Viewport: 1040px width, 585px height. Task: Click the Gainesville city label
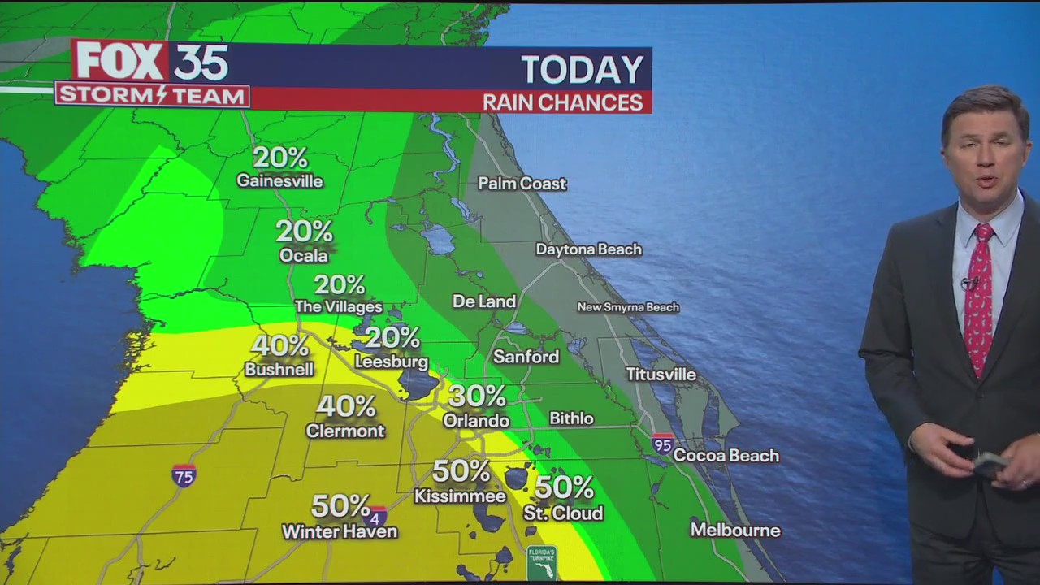(279, 181)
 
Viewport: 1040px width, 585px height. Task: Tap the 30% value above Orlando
(477, 396)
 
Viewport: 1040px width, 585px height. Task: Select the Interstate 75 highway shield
(184, 475)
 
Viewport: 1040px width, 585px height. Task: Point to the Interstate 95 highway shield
(662, 443)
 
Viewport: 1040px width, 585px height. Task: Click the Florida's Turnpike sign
(541, 563)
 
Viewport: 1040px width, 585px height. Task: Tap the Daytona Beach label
(588, 249)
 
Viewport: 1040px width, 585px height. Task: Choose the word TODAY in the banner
(582, 70)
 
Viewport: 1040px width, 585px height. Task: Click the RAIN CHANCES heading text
(562, 102)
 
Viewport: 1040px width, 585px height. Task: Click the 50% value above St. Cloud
(564, 487)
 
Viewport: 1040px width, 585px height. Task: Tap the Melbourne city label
(734, 531)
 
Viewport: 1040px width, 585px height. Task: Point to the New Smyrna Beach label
(627, 307)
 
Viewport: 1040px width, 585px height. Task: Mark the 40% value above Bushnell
(279, 345)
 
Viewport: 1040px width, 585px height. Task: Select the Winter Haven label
(339, 532)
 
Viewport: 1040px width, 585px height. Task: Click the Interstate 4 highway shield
(378, 515)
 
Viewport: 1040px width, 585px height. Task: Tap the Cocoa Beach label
(726, 456)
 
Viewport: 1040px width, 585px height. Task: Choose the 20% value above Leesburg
(392, 337)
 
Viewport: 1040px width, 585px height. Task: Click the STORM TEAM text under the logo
(152, 95)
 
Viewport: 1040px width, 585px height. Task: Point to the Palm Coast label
(522, 184)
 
